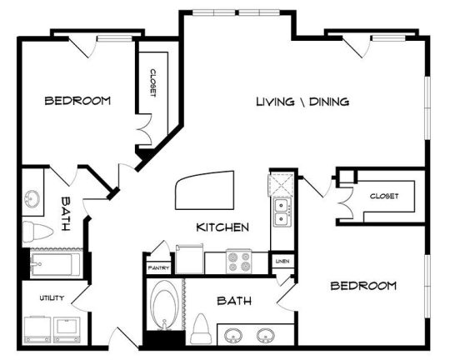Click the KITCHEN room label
pyautogui.click(x=222, y=227)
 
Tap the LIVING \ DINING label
pyautogui.click(x=302, y=102)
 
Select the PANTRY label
pyautogui.click(x=158, y=268)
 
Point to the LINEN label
pyautogui.click(x=282, y=261)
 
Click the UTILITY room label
pyautogui.click(x=52, y=298)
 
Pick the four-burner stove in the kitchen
pyautogui.click(x=239, y=261)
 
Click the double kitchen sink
pyautogui.click(x=282, y=212)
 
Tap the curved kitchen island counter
pyautogui.click(x=204, y=190)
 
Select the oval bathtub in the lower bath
pyautogui.click(x=164, y=305)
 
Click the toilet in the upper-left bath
pyautogui.click(x=37, y=232)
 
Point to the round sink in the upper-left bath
pyautogui.click(x=32, y=198)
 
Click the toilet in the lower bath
pyautogui.click(x=202, y=328)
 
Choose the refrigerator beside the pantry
pyautogui.click(x=190, y=259)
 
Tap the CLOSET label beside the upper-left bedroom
pyautogui.click(x=153, y=83)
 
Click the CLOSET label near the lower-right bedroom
pyautogui.click(x=384, y=196)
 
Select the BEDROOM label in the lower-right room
pyautogui.click(x=363, y=286)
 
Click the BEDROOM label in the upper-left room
pyautogui.click(x=77, y=101)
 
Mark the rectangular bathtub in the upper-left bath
pyautogui.click(x=56, y=264)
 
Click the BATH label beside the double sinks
pyautogui.click(x=234, y=301)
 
